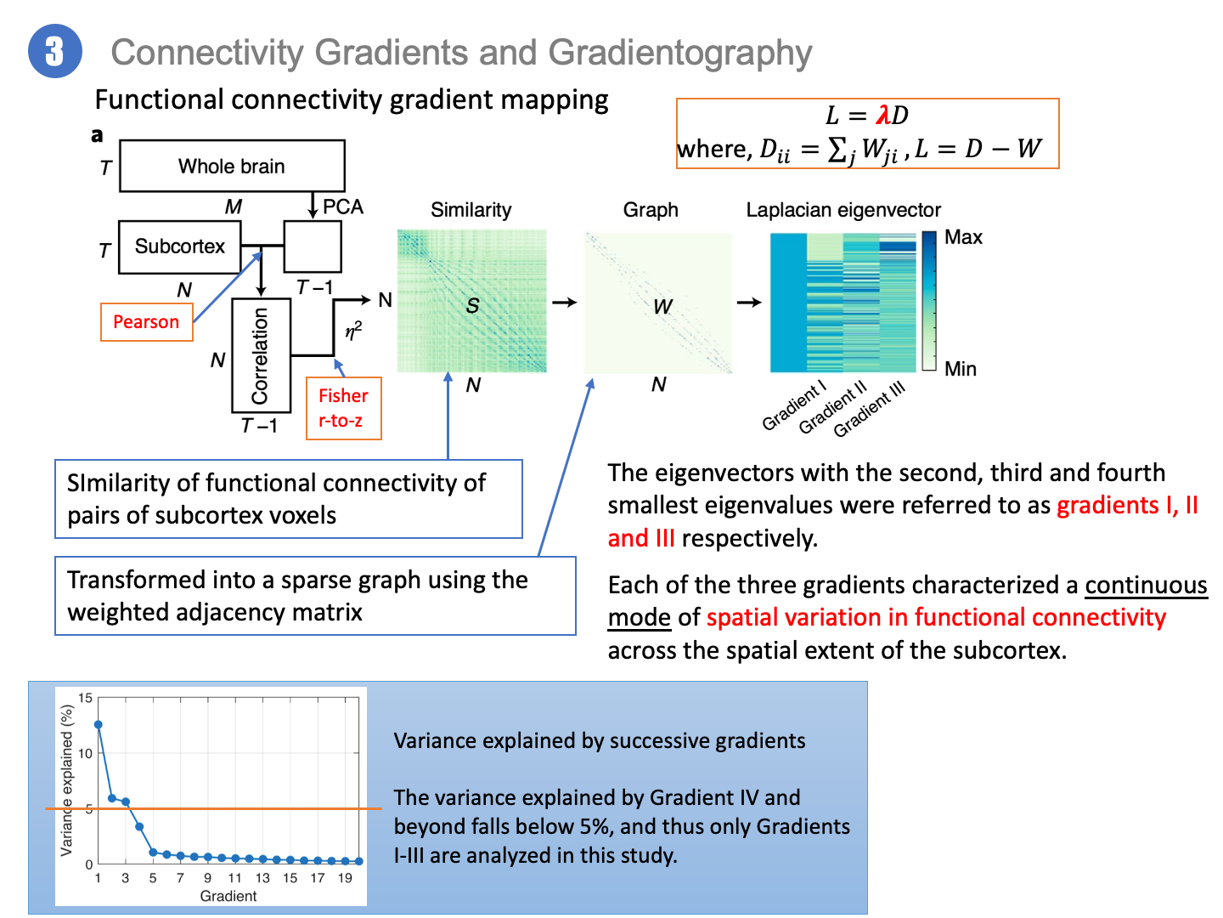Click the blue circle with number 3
click(55, 52)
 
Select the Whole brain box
click(232, 166)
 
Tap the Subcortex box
click(179, 246)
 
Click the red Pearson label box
click(146, 322)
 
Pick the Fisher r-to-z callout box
click(343, 408)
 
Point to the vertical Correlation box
click(261, 355)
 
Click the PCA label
click(342, 207)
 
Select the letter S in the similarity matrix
click(473, 306)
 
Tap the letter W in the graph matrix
click(662, 307)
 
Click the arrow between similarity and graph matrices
click(565, 302)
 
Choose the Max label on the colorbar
click(963, 237)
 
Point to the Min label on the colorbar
click(961, 369)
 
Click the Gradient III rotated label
click(870, 410)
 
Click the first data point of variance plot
click(99, 725)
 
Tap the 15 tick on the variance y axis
click(86, 698)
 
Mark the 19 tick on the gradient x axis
click(345, 878)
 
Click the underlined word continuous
click(1146, 585)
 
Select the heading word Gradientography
click(680, 53)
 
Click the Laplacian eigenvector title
click(843, 210)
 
